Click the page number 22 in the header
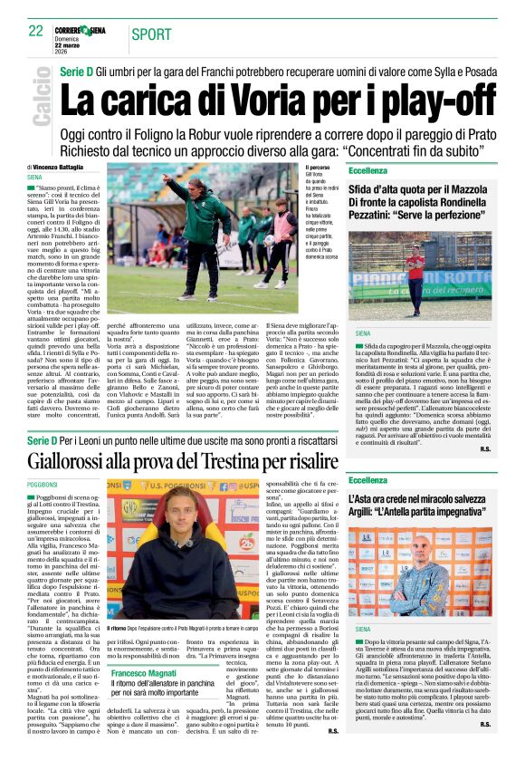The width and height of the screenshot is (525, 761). point(36,30)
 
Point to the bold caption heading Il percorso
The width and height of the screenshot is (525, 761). point(318,169)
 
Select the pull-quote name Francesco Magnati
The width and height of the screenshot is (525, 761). point(148,675)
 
